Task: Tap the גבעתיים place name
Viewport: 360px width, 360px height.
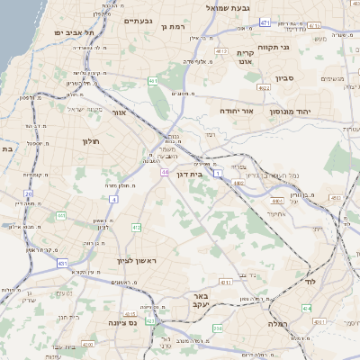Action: (x=139, y=21)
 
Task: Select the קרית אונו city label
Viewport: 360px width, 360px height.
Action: (x=245, y=58)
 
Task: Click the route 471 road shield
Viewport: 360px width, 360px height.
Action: (x=264, y=22)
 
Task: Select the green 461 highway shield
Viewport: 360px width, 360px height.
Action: (x=154, y=81)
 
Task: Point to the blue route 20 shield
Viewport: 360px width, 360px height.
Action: (x=29, y=193)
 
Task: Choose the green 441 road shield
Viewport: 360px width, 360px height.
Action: (x=60, y=216)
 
